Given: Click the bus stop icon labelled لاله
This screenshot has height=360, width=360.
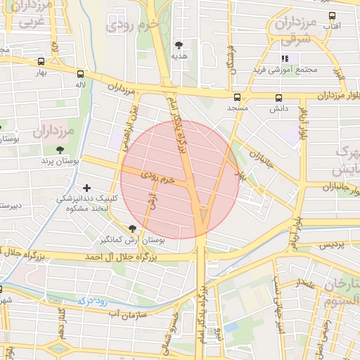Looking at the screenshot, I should coord(81,74).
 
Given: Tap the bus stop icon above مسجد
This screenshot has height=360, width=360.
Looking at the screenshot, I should coord(237,97).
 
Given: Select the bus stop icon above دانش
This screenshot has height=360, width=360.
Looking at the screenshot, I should coord(279,98).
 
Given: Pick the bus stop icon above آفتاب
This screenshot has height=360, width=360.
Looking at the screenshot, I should coord(333,15).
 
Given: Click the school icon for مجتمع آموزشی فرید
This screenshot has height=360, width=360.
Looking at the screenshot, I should coord(285,58).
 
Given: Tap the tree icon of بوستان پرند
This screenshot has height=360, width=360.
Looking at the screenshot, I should coord(60,150).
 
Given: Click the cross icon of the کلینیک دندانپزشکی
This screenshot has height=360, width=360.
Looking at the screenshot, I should coord(87,188).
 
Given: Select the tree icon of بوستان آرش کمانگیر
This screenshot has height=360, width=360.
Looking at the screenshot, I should coord(132,228).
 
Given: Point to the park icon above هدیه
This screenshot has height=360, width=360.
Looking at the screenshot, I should coord(179,45).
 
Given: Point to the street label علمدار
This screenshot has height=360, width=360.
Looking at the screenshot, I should coord(306,285).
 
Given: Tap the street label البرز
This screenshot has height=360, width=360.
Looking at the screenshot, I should coord(339,72).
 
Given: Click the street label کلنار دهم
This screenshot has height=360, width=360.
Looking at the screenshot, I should coord(63,321).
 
